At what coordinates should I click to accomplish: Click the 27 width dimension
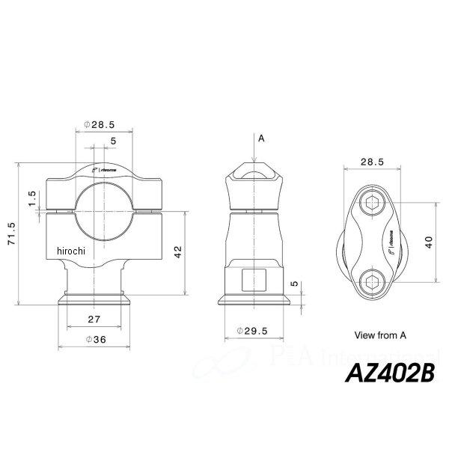coord(94,319)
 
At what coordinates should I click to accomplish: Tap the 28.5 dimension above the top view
coord(372,161)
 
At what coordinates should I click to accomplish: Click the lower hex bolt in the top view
coord(372,281)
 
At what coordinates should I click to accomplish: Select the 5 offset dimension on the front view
coord(112,141)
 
